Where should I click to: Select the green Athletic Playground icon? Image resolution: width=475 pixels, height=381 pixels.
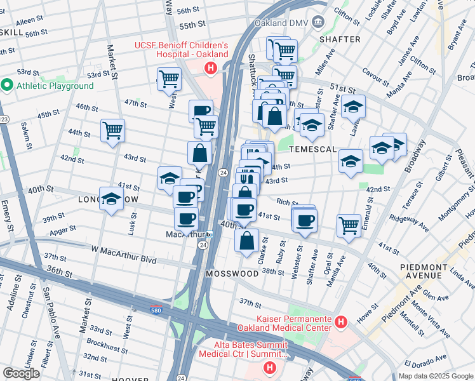(8, 85)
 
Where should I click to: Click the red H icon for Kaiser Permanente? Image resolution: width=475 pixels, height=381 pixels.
(340, 323)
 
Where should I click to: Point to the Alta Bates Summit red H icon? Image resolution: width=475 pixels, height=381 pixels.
(271, 367)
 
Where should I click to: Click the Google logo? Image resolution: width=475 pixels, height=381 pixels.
(21, 373)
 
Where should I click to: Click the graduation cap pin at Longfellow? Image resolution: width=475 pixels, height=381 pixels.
(111, 198)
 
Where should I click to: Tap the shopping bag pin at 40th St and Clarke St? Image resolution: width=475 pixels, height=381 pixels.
(246, 241)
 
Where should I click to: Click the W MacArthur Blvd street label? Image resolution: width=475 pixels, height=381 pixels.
(123, 250)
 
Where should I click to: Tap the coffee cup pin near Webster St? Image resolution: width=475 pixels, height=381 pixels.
(305, 220)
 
